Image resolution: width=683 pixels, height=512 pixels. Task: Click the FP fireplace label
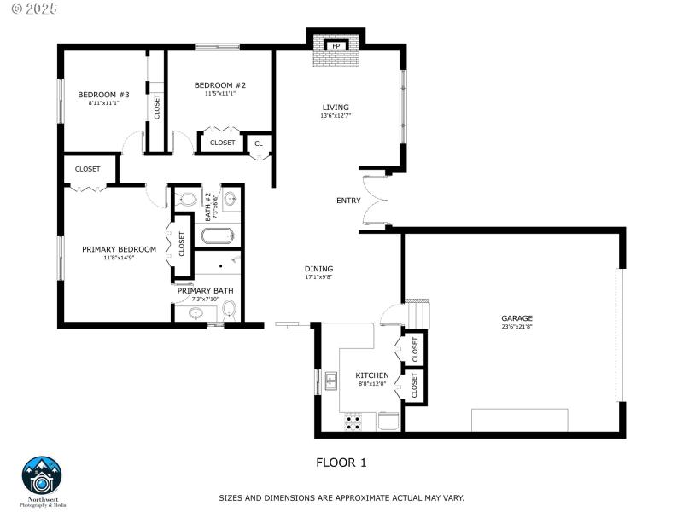click(x=336, y=46)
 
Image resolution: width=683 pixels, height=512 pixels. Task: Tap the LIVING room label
click(x=335, y=108)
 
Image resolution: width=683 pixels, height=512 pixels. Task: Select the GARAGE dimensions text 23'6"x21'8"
click(x=517, y=327)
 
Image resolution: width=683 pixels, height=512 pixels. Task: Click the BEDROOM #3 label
click(x=103, y=95)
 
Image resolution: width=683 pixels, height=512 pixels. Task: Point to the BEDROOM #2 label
click(x=219, y=85)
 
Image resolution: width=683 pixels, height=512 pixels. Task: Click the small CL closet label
click(x=259, y=143)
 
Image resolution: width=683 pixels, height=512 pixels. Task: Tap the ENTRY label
click(x=348, y=201)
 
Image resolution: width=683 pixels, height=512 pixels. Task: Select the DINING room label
click(x=318, y=269)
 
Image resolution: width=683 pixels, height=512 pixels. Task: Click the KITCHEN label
click(x=372, y=375)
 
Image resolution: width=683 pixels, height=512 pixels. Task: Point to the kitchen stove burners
click(x=352, y=420)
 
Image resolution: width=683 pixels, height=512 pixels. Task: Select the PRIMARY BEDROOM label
click(x=119, y=249)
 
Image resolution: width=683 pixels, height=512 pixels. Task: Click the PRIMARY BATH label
click(x=205, y=291)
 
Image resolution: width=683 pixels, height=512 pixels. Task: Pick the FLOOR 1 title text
click(x=341, y=463)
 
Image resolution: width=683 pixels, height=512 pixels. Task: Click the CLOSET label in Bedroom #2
click(x=222, y=143)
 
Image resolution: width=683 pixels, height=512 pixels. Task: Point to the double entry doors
click(x=374, y=201)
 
